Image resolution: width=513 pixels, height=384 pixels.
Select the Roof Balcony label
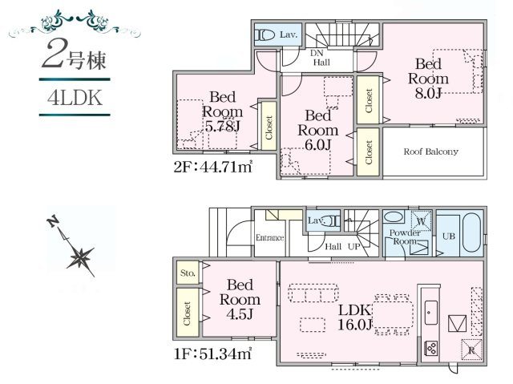point(430,152)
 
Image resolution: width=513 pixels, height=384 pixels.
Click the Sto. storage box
point(188,273)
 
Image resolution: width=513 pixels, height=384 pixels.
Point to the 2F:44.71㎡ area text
point(213,167)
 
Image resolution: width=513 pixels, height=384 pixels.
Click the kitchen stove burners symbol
point(430,348)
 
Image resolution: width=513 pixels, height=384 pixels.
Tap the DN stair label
point(317,52)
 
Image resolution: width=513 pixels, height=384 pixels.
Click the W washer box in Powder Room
point(417,220)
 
